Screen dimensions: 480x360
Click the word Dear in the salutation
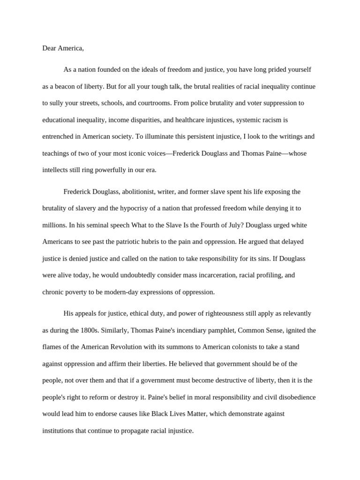pos(49,48)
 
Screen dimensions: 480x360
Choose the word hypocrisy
pos(134,209)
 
